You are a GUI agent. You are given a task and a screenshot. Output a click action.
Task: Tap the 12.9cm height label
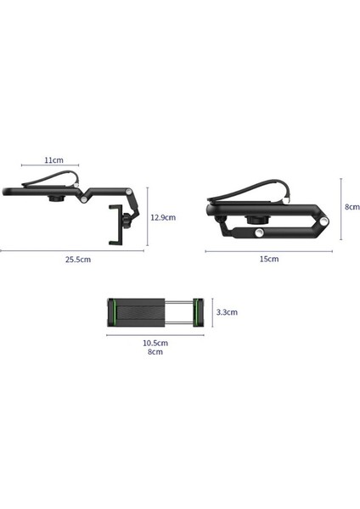point(164,216)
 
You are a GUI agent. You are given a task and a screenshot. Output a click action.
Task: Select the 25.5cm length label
point(77,260)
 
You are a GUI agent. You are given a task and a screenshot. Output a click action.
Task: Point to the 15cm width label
point(268,260)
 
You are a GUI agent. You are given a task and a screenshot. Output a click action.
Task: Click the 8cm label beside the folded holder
point(352,207)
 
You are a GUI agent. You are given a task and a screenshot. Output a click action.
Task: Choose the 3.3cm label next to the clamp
point(226,312)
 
